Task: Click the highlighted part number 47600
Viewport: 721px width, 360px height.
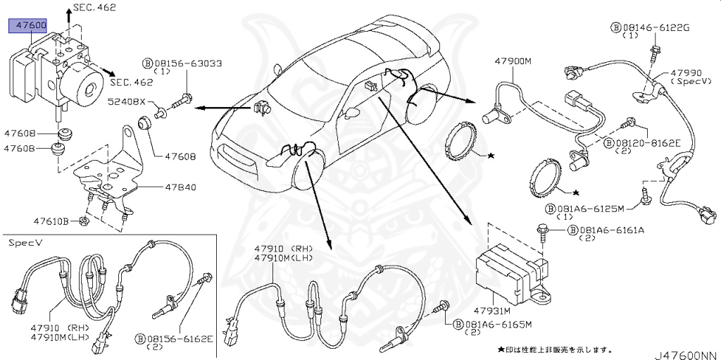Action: [27, 26]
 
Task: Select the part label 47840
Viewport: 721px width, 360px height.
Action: [180, 188]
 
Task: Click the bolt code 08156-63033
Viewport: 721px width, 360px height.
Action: [187, 63]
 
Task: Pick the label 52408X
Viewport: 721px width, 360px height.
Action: [126, 101]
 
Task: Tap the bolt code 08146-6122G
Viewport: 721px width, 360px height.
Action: [655, 27]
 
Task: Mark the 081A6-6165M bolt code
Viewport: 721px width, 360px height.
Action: [497, 324]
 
